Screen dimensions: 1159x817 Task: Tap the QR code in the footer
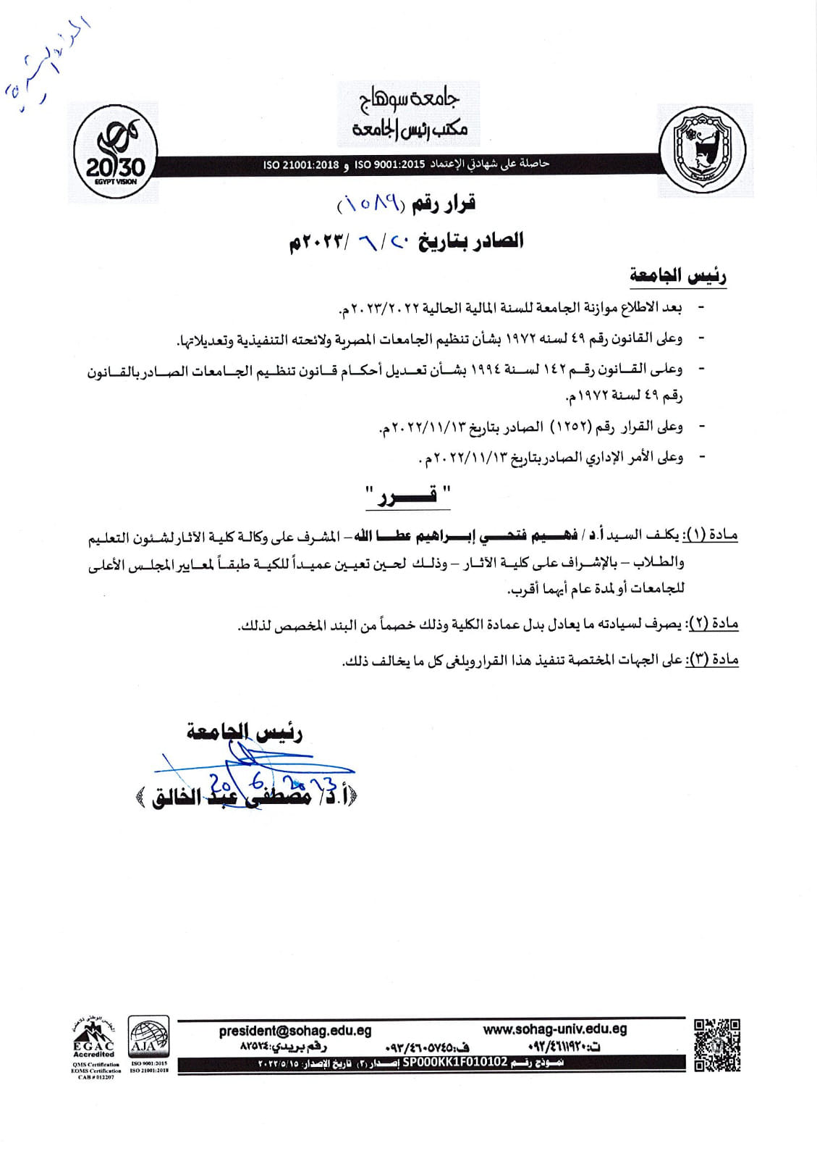[x=717, y=1044]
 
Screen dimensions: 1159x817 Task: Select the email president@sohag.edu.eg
[x=295, y=1030]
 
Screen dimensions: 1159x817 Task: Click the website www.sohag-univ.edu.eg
[x=554, y=1029]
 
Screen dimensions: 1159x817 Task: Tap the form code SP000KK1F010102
[x=455, y=1062]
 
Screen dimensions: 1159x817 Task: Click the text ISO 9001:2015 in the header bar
[x=389, y=165]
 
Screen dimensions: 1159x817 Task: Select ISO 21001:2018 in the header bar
[x=302, y=165]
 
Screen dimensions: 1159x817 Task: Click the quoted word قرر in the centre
[x=407, y=498]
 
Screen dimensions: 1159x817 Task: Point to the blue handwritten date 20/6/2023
[x=271, y=784]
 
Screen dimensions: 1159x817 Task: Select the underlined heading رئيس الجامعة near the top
[x=678, y=275]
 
